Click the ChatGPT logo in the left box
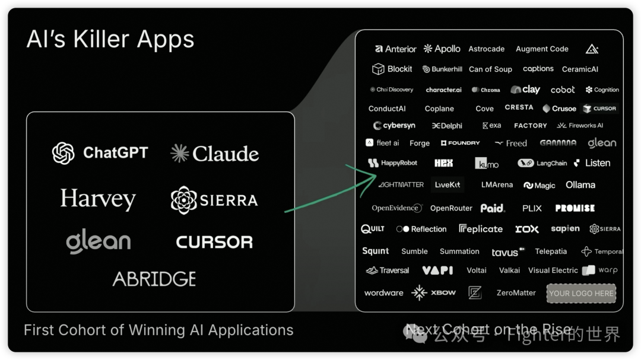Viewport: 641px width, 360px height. click(x=100, y=153)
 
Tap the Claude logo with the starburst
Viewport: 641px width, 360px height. click(x=214, y=154)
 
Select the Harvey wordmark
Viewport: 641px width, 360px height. click(x=98, y=199)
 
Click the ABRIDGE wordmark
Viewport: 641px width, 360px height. click(x=154, y=279)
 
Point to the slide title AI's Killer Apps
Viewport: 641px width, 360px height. click(x=110, y=40)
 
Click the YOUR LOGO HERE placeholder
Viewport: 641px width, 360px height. click(x=580, y=293)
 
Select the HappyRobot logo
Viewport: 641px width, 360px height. click(x=392, y=163)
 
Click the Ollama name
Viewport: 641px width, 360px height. click(x=580, y=185)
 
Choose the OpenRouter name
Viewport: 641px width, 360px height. click(x=451, y=208)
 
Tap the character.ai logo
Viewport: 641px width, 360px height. click(x=443, y=90)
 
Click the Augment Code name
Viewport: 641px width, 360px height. click(x=542, y=49)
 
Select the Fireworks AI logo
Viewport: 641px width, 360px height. click(x=580, y=126)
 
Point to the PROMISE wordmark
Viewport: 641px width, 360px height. click(x=575, y=208)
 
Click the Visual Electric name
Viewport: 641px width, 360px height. click(x=553, y=270)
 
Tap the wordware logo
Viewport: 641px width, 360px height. click(x=383, y=293)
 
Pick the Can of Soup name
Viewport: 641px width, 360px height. click(x=490, y=69)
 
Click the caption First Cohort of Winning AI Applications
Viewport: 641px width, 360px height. click(x=158, y=330)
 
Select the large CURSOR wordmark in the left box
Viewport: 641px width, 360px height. click(x=214, y=242)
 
